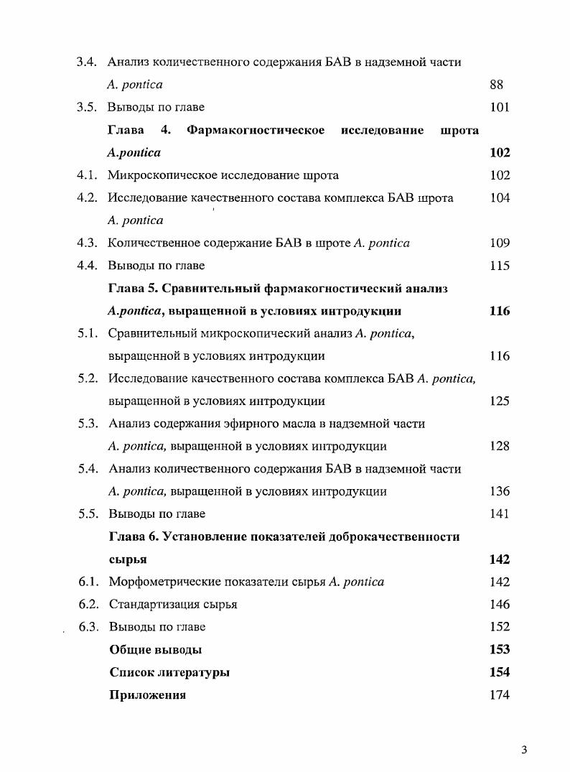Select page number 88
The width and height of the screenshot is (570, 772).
[x=496, y=85]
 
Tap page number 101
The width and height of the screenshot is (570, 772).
[x=499, y=108]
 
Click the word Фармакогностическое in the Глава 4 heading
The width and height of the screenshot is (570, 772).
[x=256, y=130]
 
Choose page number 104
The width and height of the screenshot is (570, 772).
[x=500, y=198]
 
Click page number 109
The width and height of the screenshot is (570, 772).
[x=500, y=243]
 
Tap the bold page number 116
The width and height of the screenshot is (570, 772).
[x=500, y=311]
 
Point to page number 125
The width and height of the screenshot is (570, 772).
[x=500, y=401]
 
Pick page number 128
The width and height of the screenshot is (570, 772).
[x=500, y=446]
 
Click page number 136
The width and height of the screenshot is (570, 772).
[x=500, y=492]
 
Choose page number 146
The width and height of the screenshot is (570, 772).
[x=500, y=605]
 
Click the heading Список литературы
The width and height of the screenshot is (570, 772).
[x=169, y=673]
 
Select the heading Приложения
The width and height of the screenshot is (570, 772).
[x=147, y=695]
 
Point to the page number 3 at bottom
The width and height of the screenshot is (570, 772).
[x=524, y=751]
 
